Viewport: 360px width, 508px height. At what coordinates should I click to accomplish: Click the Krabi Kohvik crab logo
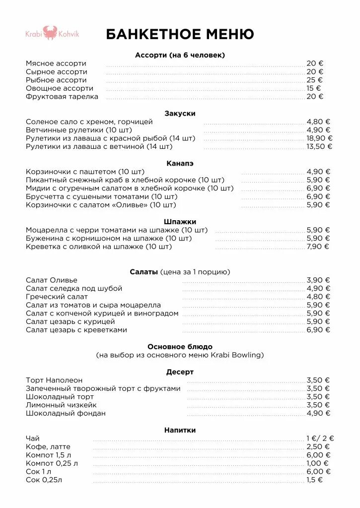51,33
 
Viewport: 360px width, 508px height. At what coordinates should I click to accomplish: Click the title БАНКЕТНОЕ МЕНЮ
180,34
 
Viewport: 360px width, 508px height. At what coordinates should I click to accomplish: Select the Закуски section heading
180,114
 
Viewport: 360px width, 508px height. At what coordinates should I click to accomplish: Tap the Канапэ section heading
180,163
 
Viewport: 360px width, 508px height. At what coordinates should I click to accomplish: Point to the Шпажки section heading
180,222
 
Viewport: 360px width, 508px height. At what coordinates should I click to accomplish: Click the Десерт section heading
180,372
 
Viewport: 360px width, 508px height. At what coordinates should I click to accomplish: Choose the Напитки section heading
180,430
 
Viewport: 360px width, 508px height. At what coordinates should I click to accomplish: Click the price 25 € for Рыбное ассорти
314,80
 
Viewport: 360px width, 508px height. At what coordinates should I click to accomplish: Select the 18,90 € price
319,138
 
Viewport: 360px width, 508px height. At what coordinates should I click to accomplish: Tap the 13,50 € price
319,147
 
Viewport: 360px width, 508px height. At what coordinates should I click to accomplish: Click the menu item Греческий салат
57,297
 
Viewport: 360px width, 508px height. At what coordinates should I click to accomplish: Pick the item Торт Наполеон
54,380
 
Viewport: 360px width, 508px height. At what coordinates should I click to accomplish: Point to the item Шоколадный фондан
66,413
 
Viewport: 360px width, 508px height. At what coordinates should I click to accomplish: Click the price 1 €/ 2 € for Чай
320,439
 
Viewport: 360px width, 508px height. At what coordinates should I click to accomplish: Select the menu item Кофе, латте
48,446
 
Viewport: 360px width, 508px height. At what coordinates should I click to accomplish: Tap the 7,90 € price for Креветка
318,247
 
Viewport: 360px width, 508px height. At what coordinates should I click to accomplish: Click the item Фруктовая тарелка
62,97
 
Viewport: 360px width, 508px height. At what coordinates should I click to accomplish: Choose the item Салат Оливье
52,280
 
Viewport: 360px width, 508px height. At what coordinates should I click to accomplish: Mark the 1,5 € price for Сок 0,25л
314,480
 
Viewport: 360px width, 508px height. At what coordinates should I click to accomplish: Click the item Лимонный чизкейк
61,405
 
